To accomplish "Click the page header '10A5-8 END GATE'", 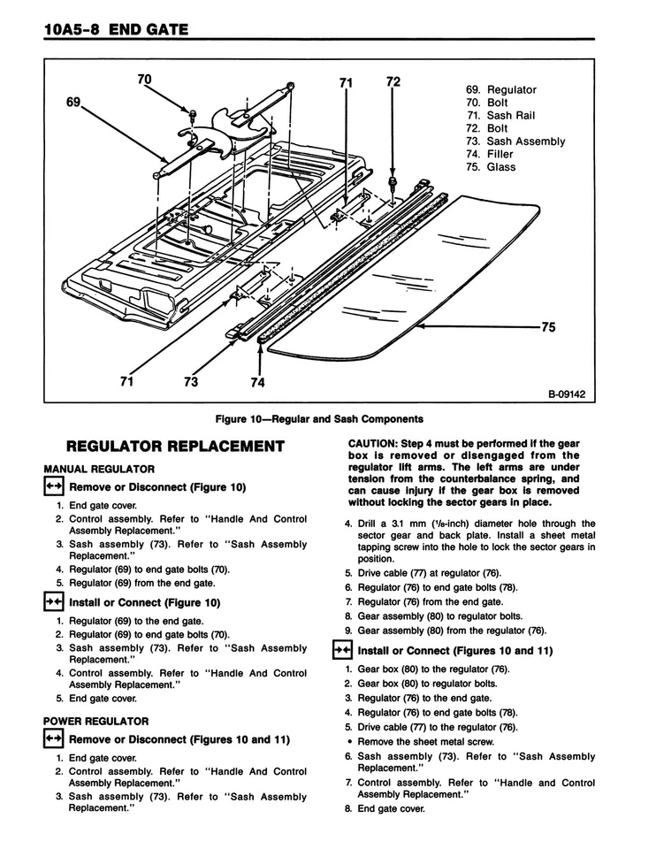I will click(x=115, y=31).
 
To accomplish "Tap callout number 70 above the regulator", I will click(x=144, y=80).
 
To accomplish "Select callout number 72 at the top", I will click(x=393, y=82).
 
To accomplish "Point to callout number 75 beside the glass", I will click(x=548, y=327).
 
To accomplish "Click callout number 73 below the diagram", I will click(x=190, y=383).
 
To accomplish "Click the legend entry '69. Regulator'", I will click(x=500, y=90).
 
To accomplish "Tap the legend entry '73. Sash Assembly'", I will click(x=515, y=141).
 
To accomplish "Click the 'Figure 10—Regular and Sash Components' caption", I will click(x=319, y=418).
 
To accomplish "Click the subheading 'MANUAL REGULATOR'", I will click(x=99, y=469).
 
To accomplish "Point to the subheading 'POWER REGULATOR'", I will click(x=95, y=722).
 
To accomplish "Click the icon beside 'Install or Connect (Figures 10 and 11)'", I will click(x=341, y=650).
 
